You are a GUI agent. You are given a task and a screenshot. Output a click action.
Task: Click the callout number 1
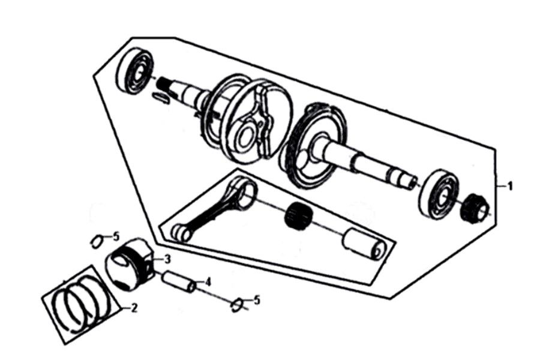(511, 187)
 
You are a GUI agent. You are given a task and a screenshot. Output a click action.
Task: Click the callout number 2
(134, 308)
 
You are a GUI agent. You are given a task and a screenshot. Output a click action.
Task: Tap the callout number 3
(167, 259)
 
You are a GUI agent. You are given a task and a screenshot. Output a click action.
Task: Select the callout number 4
(208, 282)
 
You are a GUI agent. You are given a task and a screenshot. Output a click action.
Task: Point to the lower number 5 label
(257, 300)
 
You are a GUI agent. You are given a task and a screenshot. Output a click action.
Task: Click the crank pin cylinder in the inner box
(364, 244)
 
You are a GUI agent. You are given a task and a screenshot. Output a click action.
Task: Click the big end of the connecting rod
(244, 190)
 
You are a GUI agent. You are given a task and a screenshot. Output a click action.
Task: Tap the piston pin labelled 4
(180, 282)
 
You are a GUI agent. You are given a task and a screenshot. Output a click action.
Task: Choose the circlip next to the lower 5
(238, 305)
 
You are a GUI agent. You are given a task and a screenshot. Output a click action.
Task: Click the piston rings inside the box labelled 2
(81, 304)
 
